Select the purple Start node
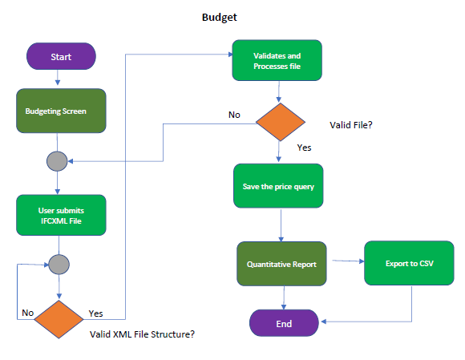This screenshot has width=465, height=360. coord(61,57)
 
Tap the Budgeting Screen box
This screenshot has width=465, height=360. coord(61,111)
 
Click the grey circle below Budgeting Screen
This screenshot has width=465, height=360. coord(58,161)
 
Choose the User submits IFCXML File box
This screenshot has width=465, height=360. coord(61,215)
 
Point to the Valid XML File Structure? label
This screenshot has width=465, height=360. coord(143,333)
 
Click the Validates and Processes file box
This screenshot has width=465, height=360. coord(277,61)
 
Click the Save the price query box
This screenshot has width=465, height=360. coord(278,187)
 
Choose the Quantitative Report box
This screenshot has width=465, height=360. coord(281,263)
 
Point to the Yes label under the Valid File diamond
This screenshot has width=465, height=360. coord(304,148)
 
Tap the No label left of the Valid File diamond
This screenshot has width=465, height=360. coord(234,115)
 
